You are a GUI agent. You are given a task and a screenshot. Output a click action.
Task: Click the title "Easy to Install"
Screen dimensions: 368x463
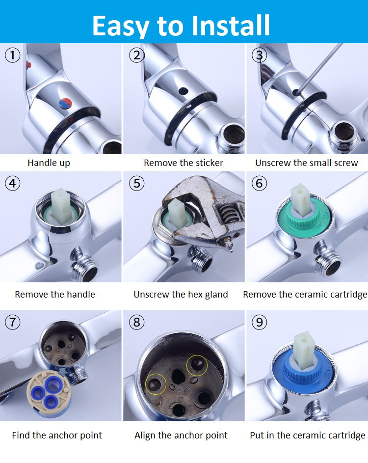pyautogui.click(x=181, y=26)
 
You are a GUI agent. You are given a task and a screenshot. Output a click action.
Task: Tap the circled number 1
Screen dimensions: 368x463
pyautogui.click(x=12, y=55)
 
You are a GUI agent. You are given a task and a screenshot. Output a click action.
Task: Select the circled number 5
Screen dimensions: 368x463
pyautogui.click(x=136, y=183)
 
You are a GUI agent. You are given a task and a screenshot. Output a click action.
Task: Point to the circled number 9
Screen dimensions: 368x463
pyautogui.click(x=259, y=322)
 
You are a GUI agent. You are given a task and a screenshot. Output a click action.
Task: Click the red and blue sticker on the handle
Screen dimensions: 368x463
pyautogui.click(x=65, y=103)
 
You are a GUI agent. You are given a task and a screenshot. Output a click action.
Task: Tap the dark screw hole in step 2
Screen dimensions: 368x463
pyautogui.click(x=183, y=91)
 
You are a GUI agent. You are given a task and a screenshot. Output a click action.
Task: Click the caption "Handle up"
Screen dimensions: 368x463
pyautogui.click(x=49, y=163)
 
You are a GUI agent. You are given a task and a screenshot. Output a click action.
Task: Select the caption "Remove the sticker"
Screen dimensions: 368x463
pyautogui.click(x=183, y=163)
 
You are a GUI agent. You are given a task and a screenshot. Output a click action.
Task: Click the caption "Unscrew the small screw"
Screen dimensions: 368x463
pyautogui.click(x=306, y=163)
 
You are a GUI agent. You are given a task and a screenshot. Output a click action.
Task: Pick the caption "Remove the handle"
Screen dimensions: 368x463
pyautogui.click(x=55, y=294)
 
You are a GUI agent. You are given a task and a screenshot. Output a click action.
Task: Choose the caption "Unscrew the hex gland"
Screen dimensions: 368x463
pyautogui.click(x=181, y=295)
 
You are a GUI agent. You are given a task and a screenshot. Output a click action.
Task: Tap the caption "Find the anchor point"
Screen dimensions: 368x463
pyautogui.click(x=57, y=435)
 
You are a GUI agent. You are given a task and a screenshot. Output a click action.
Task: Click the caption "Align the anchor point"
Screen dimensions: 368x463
pyautogui.click(x=181, y=435)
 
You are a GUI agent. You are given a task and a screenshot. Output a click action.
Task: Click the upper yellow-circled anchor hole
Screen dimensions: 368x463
pyautogui.click(x=197, y=365)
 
